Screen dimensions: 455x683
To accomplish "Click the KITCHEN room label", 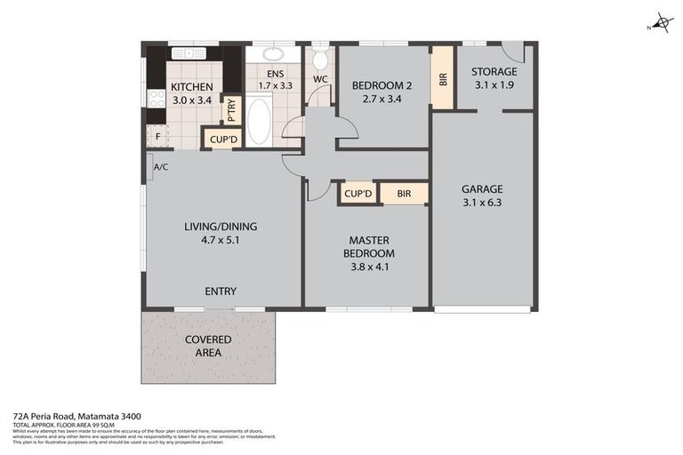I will (192, 87).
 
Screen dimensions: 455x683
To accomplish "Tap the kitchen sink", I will (189, 52).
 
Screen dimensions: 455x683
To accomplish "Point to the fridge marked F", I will (158, 137).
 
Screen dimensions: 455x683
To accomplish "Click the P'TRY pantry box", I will (231, 110).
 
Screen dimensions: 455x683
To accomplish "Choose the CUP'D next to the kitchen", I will (222, 140).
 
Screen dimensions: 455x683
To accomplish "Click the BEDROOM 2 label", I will (382, 86).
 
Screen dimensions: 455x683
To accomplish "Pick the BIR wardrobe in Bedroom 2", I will (442, 76).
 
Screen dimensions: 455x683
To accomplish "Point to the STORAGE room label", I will (494, 72).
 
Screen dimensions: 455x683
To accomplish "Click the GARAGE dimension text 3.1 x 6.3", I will (482, 204).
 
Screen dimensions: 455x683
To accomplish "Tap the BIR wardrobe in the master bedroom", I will (404, 194).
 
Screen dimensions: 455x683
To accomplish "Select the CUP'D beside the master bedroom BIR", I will (357, 194).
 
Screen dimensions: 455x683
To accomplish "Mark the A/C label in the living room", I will (162, 167).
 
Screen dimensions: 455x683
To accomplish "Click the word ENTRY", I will (221, 291).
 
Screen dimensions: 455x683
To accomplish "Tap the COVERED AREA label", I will (208, 346).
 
